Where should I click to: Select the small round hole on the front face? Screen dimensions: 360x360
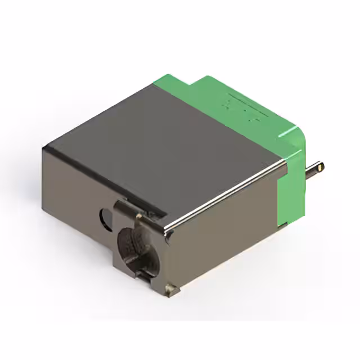[106, 215]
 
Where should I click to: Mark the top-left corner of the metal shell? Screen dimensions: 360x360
[45, 147]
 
